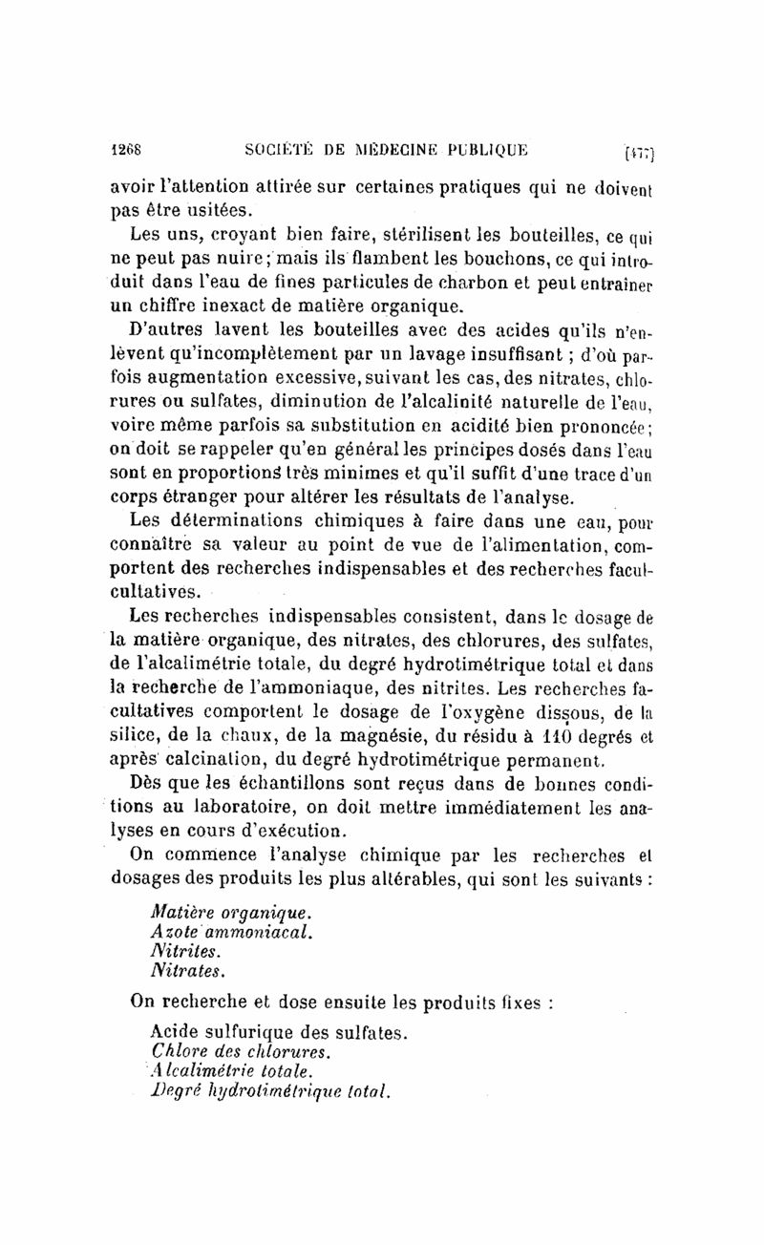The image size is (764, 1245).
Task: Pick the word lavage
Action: (x=424, y=355)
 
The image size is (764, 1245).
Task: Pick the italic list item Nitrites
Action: (x=185, y=951)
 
